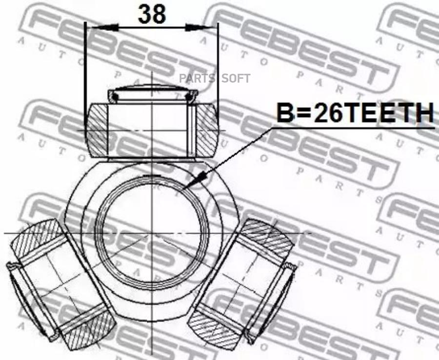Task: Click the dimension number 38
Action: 152,14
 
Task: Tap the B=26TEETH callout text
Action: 355,113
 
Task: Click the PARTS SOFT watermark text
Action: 215,79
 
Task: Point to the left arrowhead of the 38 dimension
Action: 102,27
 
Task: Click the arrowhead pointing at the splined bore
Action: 196,180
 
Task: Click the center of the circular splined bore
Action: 152,233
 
